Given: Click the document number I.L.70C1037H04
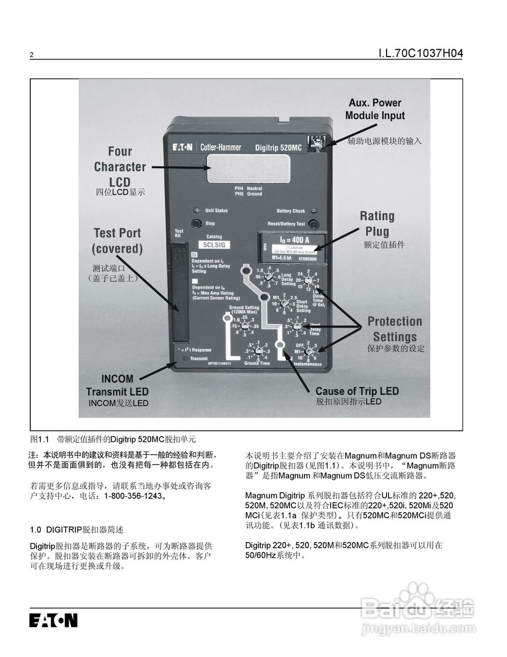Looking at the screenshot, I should [420, 53].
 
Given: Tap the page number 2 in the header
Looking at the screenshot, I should [32, 55].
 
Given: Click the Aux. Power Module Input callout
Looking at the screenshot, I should [375, 109].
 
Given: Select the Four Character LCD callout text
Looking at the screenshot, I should [119, 166].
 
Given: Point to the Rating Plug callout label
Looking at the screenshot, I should [377, 224].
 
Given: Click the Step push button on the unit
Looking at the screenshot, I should [196, 224].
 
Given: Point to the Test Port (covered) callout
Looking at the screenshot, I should [117, 241].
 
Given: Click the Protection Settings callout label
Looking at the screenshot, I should [394, 329].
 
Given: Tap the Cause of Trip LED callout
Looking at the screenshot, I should [357, 391].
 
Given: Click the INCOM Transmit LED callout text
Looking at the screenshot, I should [117, 385].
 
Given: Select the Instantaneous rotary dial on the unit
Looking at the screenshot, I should [309, 352].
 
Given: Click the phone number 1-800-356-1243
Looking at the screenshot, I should [133, 496].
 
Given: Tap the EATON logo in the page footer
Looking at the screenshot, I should [53, 620].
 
